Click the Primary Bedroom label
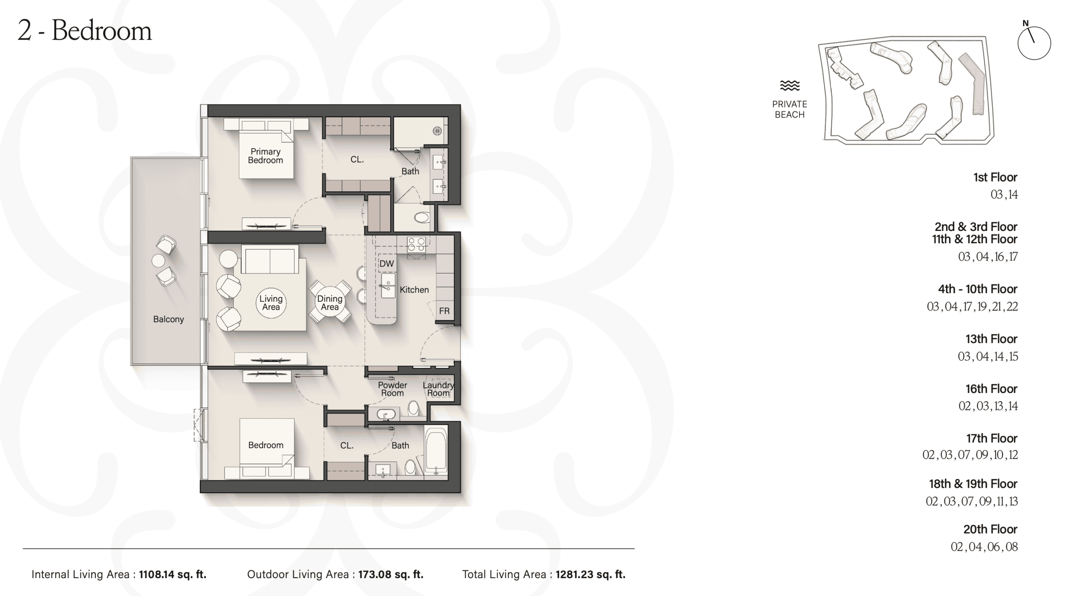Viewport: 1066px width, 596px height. (265, 156)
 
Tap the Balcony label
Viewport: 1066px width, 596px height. (168, 319)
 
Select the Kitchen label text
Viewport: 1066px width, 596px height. (414, 290)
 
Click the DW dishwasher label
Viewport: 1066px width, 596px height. (386, 263)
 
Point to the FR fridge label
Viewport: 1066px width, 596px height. (444, 311)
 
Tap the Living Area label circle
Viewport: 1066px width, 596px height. (271, 303)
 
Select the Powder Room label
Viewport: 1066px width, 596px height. (392, 389)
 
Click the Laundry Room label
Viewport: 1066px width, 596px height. (438, 389)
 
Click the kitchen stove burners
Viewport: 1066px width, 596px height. (416, 244)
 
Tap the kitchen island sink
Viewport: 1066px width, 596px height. (388, 286)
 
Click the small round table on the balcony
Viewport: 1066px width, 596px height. (158, 261)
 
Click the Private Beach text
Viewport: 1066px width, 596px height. (790, 109)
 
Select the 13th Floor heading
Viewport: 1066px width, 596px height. (991, 339)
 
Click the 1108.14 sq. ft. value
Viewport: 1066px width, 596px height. (173, 574)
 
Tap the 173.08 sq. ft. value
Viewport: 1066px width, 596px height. (391, 574)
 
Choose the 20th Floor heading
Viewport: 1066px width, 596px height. (990, 529)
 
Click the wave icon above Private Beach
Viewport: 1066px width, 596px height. (790, 86)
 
